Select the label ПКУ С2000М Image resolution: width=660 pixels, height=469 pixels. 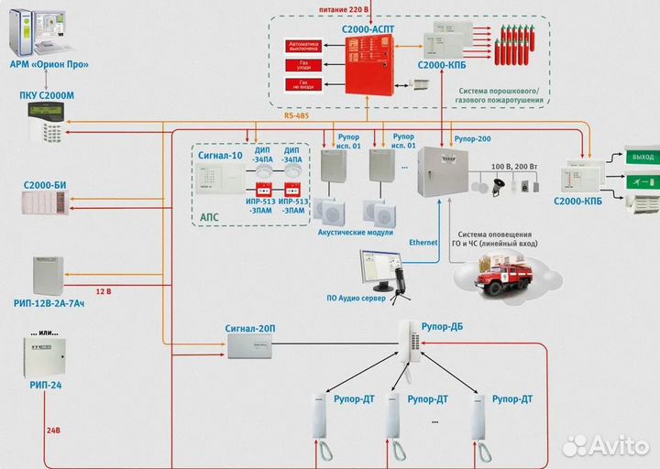[x=48, y=94]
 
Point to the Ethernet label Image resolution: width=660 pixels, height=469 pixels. [x=423, y=242]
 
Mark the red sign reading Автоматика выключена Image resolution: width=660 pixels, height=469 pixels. [x=303, y=44]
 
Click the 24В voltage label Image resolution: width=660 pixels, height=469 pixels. [x=53, y=429]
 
